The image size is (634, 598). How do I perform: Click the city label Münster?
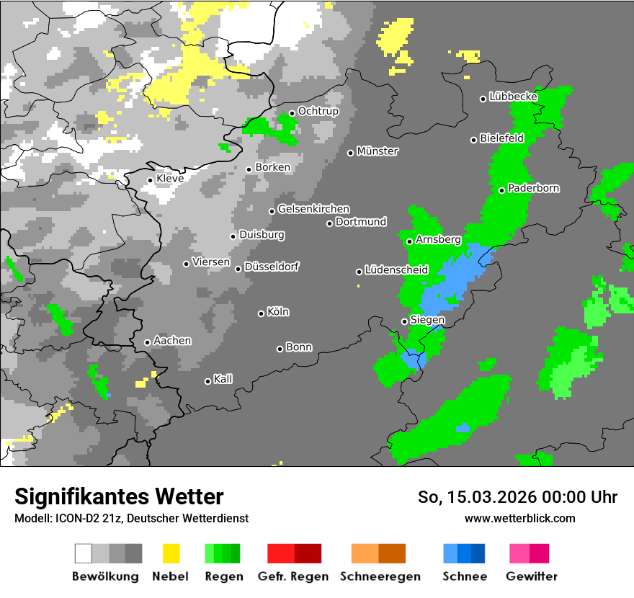click(x=378, y=151)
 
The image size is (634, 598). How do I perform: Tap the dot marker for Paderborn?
click(x=502, y=190)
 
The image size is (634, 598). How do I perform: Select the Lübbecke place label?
click(x=513, y=97)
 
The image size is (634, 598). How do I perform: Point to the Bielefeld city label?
click(x=501, y=138)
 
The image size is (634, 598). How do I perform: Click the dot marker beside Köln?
click(x=262, y=313)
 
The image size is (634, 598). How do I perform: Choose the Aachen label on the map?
click(x=172, y=341)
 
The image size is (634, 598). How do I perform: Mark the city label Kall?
click(x=223, y=379)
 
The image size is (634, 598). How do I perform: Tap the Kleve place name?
click(x=170, y=179)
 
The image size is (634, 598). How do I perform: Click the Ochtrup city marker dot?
click(x=293, y=113)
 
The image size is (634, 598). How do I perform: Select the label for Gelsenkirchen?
click(x=313, y=209)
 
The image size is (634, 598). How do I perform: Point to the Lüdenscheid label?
click(x=396, y=270)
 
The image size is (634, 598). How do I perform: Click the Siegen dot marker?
click(x=404, y=321)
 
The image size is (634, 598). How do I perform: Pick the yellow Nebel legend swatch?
click(x=171, y=553)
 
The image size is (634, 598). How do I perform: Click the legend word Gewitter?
click(x=532, y=576)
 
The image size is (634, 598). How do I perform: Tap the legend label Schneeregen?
click(x=380, y=576)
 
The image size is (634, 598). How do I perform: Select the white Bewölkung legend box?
click(x=83, y=553)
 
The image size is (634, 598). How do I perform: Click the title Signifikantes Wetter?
click(x=119, y=496)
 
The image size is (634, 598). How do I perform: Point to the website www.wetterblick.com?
click(x=519, y=518)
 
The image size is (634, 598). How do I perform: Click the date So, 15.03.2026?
click(x=473, y=497)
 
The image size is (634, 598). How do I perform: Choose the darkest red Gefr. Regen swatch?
click(x=308, y=553)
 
